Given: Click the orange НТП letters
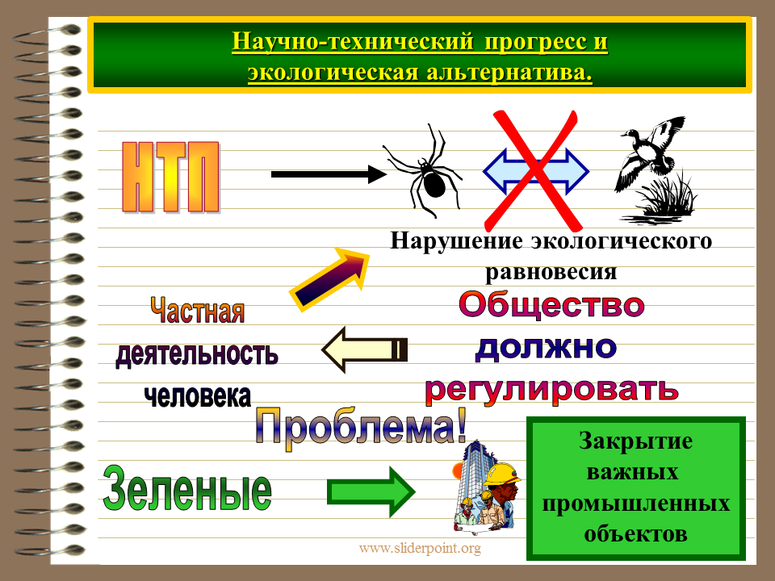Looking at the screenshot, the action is pos(170,178).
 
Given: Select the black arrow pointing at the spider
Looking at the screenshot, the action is pos(329,174).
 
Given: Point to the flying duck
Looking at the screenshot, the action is pos(648,153).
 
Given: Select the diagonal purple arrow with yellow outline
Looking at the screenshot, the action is pos(329,279).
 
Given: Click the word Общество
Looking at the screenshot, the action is pos(551,304).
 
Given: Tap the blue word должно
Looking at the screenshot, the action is pos(546,348).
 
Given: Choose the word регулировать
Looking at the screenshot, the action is pos(551,391).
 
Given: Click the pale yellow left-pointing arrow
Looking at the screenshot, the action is pos(364,349).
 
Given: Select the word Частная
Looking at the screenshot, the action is pos(197,310).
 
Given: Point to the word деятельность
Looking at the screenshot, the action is pos(197,353).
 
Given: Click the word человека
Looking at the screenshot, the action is pos(198,396).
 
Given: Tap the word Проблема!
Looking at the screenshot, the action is pos(362,426).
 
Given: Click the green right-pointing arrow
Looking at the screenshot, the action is pos(371,491).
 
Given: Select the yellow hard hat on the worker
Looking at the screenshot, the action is pos(501,474).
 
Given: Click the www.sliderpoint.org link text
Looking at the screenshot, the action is pos(420,549).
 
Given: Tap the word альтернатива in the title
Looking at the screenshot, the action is pos(509,73).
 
